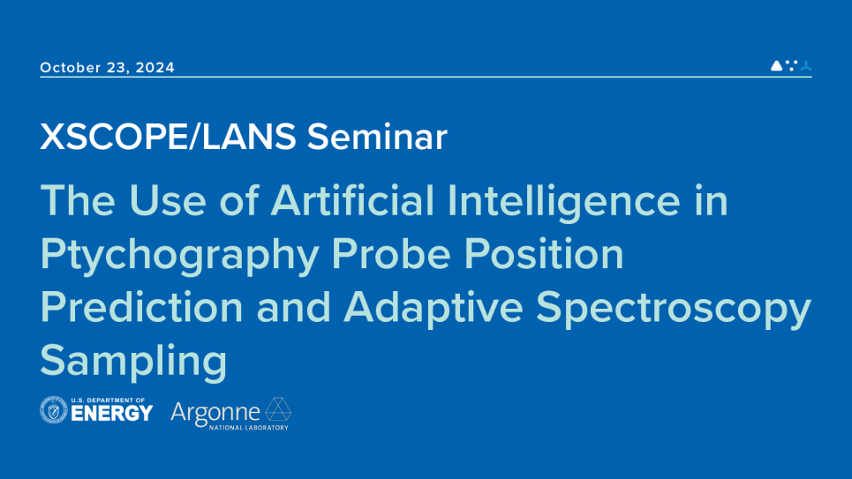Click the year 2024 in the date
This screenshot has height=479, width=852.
(x=156, y=68)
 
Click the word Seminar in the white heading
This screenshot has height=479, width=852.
(x=377, y=138)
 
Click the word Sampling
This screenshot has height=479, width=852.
(x=133, y=362)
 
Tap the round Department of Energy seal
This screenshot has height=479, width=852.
(x=54, y=410)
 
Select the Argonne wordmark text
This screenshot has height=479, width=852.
(x=215, y=411)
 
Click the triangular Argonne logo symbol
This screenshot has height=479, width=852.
(x=278, y=409)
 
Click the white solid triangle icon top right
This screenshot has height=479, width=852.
(x=776, y=65)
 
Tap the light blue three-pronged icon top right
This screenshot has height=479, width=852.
(x=805, y=65)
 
